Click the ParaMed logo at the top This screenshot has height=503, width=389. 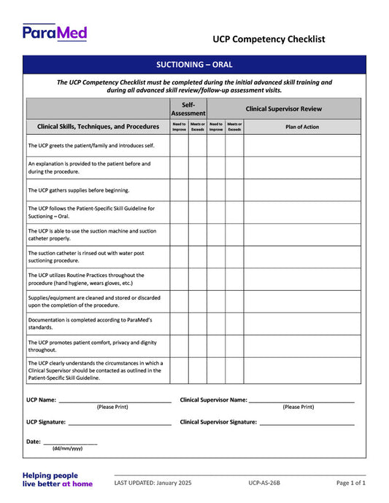pyautogui.click(x=55, y=33)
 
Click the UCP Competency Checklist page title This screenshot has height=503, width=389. pyautogui.click(x=269, y=39)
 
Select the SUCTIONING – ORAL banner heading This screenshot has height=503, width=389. pyautogui.click(x=194, y=64)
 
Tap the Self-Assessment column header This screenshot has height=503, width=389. pyautogui.click(x=188, y=109)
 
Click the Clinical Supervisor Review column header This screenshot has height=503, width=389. pyautogui.click(x=283, y=109)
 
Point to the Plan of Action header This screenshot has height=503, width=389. pyautogui.click(x=301, y=126)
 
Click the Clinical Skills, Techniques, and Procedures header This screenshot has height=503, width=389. pyautogui.click(x=98, y=126)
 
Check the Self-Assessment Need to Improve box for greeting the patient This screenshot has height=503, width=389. pyautogui.click(x=179, y=146)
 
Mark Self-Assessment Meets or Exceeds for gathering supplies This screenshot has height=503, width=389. pyautogui.click(x=198, y=190)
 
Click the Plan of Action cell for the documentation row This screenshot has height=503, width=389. pyautogui.click(x=301, y=324)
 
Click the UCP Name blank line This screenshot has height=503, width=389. pyautogui.click(x=115, y=401)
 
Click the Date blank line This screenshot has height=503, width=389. pyautogui.click(x=70, y=442)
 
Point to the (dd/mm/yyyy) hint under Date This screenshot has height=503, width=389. pyautogui.click(x=67, y=449)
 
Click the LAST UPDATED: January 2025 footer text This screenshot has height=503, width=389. pyautogui.click(x=153, y=483)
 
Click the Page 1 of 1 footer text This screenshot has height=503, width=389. pyautogui.click(x=351, y=483)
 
